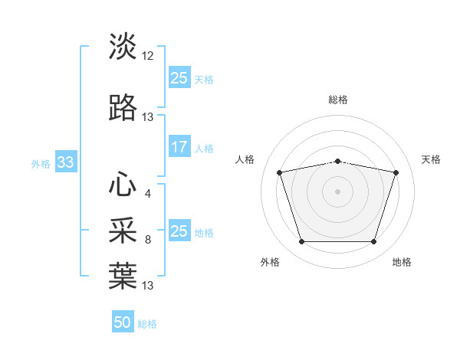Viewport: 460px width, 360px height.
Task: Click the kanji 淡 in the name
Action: click(x=123, y=46)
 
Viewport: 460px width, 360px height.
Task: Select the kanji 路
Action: click(x=123, y=107)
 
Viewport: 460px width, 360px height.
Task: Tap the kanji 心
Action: click(x=123, y=184)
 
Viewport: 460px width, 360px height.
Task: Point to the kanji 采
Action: click(x=123, y=230)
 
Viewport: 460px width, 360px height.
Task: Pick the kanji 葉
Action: click(x=123, y=276)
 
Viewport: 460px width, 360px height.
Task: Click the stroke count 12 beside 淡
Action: click(x=147, y=56)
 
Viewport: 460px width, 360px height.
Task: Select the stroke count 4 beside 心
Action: click(x=148, y=194)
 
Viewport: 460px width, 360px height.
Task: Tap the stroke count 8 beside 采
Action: click(x=148, y=240)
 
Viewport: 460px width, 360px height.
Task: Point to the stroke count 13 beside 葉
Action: click(x=147, y=286)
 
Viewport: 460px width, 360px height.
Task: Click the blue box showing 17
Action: click(x=179, y=146)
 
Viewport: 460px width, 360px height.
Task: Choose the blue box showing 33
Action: click(x=66, y=162)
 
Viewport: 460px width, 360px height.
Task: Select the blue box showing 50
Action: click(x=123, y=321)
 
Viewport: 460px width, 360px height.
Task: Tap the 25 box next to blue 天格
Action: click(x=179, y=77)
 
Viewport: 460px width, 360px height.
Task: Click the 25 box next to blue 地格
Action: click(x=179, y=230)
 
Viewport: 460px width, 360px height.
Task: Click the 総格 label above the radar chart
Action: click(x=338, y=100)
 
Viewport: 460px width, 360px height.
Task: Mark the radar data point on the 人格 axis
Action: click(x=279, y=172)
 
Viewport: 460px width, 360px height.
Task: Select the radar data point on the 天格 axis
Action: click(x=396, y=172)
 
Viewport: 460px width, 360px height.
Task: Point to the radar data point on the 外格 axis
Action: click(x=301, y=241)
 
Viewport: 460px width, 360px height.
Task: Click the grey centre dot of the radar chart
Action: click(x=337, y=191)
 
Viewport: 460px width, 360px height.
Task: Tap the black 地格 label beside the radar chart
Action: click(x=402, y=262)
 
